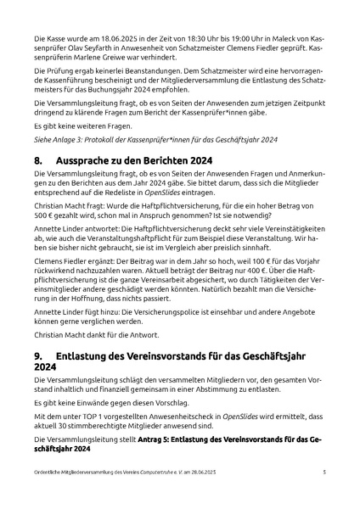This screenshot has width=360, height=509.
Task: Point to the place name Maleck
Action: pyautogui.click(x=281, y=40)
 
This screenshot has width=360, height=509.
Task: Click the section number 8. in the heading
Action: pyautogui.click(x=38, y=159)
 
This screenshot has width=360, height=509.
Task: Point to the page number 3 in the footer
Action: pyautogui.click(x=323, y=472)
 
